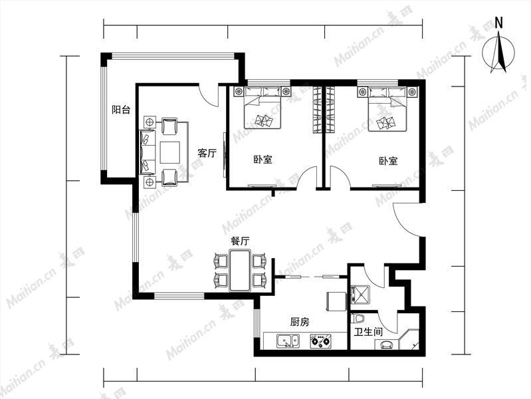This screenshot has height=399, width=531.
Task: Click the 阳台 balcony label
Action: coord(121,110)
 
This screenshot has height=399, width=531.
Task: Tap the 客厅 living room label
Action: coord(207,153)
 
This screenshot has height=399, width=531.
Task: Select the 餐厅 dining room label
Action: coord(240,241)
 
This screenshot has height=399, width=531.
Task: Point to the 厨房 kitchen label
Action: coord(300,322)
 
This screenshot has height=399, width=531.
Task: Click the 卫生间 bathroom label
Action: coord(368,332)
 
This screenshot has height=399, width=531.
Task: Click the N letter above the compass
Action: coord(499,23)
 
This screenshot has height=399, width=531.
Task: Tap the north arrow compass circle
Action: coord(498,53)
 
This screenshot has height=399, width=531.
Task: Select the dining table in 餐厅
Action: coord(240,271)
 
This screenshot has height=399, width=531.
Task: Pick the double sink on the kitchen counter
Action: coord(288,340)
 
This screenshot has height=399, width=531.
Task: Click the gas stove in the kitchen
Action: coord(320,340)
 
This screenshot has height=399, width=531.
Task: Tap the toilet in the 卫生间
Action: coord(359,319)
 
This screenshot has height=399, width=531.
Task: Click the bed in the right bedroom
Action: coord(387,109)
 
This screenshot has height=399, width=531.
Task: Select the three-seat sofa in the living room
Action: coord(148,152)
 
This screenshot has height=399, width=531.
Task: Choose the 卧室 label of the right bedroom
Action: coord(388,161)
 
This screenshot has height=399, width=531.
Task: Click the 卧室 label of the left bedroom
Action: coord(263,159)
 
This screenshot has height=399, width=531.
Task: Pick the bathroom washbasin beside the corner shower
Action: coord(386,344)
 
